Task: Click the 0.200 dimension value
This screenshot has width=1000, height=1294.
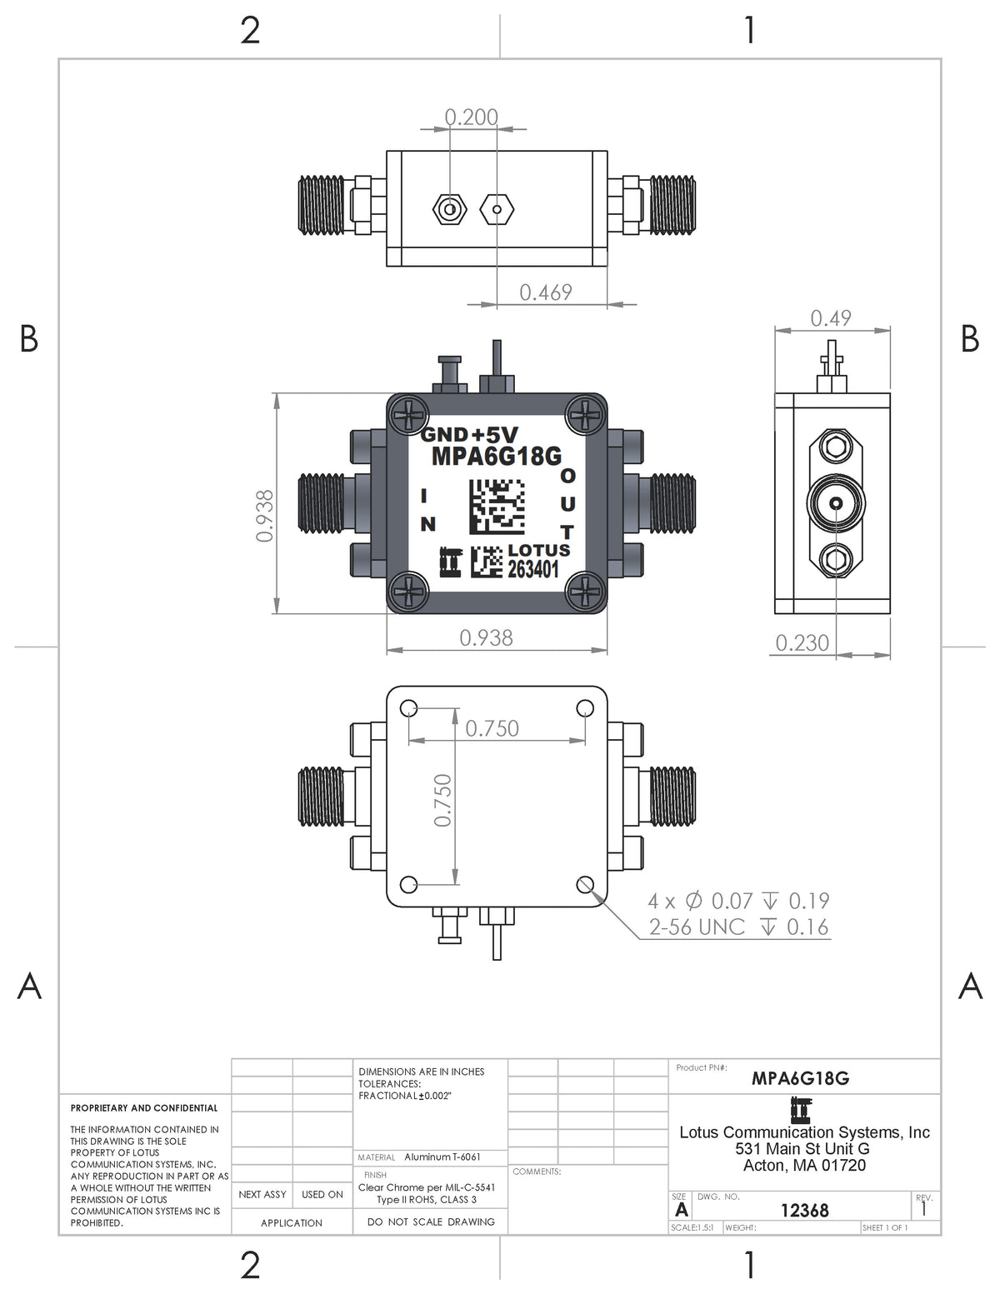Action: [x=471, y=117]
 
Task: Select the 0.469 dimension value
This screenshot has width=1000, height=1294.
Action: [x=546, y=292]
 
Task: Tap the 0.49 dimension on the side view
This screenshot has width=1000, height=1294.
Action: [x=831, y=318]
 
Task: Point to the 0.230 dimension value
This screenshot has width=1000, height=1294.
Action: [x=802, y=643]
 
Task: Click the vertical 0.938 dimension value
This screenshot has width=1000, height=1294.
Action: [x=264, y=516]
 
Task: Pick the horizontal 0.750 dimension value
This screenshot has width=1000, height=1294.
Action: [x=492, y=728]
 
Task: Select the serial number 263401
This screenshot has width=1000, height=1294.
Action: [x=533, y=570]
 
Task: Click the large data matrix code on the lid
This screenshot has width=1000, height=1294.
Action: [x=497, y=507]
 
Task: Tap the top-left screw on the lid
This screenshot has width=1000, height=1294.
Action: [x=408, y=414]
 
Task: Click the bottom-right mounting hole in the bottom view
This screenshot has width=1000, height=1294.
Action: [x=585, y=885]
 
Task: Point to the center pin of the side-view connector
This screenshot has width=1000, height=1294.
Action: [x=836, y=504]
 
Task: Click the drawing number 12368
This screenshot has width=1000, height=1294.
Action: [x=805, y=1211]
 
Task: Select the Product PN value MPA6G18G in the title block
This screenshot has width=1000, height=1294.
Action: [x=800, y=1078]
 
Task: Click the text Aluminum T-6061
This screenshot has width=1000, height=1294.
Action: [x=442, y=1157]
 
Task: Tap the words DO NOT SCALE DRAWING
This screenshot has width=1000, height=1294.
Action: [x=431, y=1222]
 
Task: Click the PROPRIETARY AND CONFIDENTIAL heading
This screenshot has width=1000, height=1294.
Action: [x=144, y=1108]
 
